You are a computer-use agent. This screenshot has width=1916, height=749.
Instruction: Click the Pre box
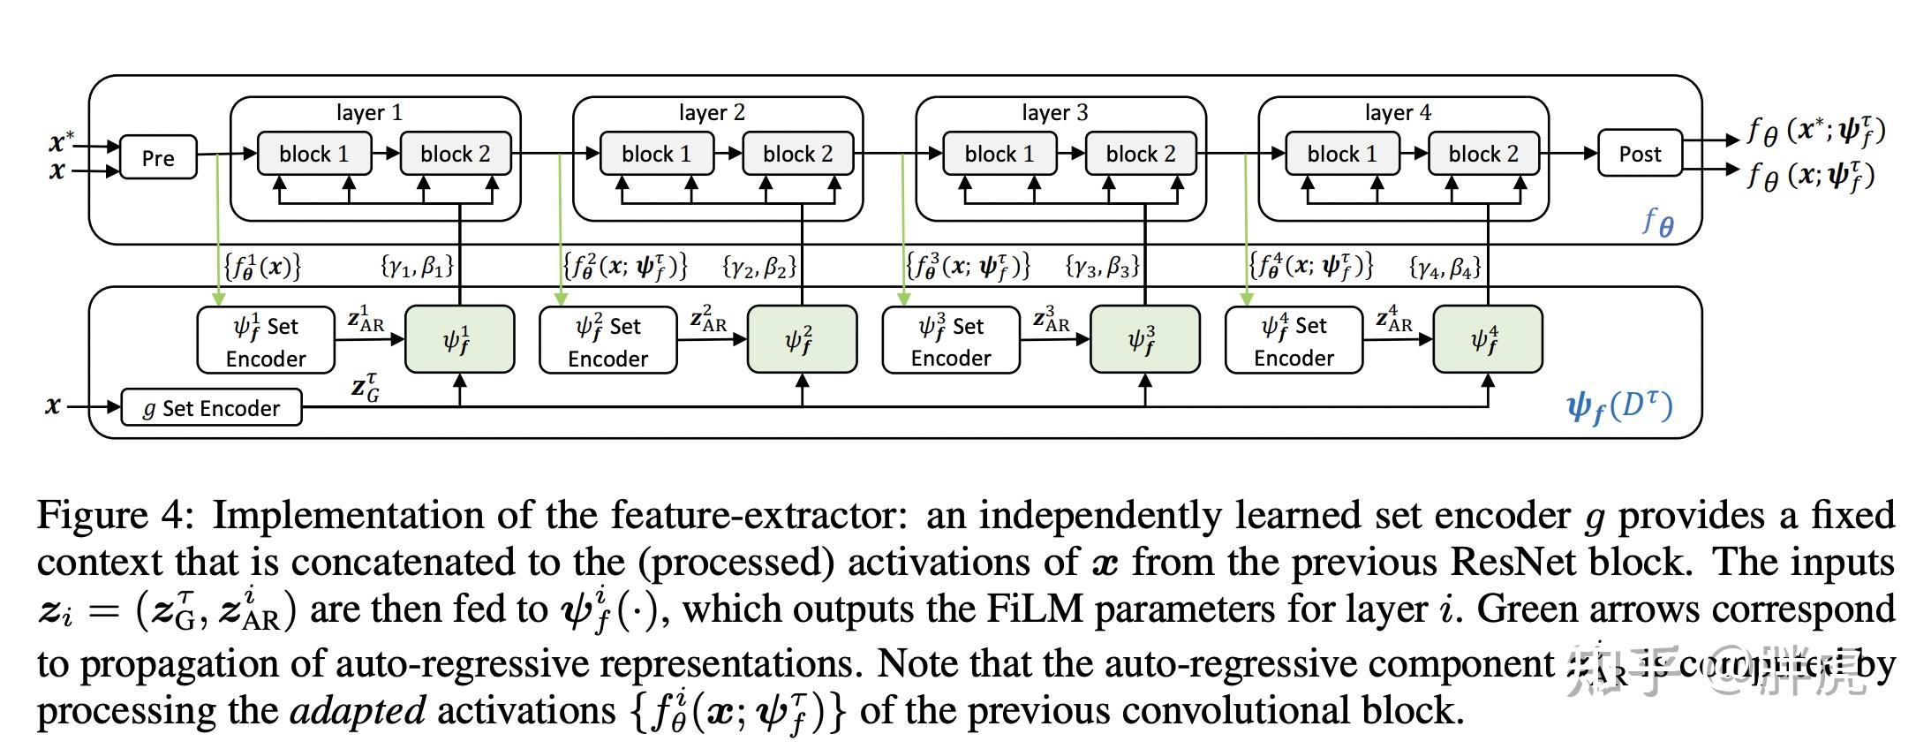158,157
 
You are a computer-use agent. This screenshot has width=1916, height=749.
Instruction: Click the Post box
1639,154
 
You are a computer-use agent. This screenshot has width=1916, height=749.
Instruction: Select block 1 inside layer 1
313,154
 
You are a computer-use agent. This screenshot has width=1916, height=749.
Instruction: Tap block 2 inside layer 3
1140,154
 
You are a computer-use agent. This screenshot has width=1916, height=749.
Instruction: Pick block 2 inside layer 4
1482,154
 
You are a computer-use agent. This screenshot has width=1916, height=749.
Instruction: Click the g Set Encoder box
211,408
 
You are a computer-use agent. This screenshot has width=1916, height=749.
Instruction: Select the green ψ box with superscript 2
801,340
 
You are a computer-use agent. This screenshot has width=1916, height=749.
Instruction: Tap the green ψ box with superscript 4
1486,340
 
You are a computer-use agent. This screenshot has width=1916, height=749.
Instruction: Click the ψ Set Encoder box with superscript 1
265,341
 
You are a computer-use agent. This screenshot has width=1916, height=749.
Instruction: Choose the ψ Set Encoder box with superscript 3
950,341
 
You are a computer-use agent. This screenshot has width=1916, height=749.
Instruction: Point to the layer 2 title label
712,112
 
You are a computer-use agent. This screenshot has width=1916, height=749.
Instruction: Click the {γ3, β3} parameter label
1102,266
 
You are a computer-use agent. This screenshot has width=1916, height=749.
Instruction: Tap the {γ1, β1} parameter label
417,266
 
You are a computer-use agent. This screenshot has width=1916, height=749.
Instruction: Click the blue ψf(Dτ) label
1618,407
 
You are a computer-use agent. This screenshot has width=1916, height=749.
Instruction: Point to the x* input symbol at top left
61,141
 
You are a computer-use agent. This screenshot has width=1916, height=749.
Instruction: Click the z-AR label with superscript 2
708,320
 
